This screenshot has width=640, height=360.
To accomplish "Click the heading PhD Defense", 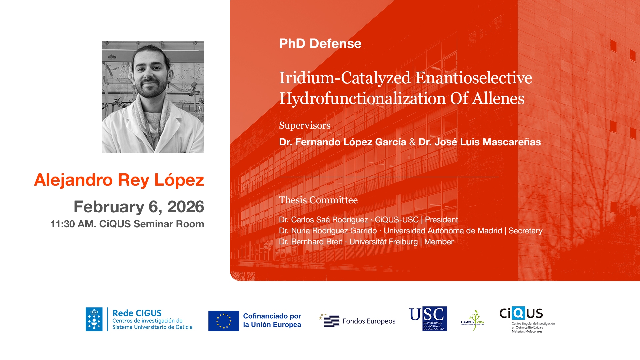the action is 320,44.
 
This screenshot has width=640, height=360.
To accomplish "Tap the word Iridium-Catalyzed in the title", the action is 345,78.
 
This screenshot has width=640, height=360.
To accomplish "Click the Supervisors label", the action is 305,125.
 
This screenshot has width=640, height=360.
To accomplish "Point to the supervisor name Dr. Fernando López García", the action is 343,142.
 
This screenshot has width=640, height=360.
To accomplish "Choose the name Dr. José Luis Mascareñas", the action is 480,142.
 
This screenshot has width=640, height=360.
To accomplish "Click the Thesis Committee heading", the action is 318,200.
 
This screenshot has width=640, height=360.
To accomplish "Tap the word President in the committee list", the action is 441,220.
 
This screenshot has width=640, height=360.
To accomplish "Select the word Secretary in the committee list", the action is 525,231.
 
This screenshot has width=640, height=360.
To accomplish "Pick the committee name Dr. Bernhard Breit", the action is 311,242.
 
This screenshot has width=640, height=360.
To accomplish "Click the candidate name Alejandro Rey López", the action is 119,180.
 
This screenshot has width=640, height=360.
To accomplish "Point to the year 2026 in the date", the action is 186,207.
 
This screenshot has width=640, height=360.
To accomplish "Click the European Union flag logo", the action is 224,321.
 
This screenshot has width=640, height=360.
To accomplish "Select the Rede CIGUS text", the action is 137,313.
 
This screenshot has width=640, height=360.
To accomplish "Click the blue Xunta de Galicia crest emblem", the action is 94,319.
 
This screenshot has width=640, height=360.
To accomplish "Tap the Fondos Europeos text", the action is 369,321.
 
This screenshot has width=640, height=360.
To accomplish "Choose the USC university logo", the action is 428,319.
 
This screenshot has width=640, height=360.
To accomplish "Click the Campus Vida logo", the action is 473,320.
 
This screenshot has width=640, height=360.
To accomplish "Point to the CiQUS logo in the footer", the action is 527,319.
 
